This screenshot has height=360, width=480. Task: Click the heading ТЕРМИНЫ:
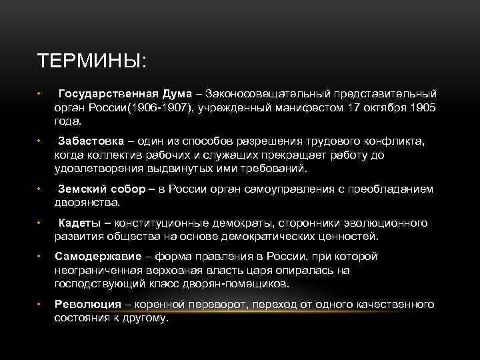click(92, 61)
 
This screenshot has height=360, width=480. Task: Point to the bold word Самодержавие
click(98, 257)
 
